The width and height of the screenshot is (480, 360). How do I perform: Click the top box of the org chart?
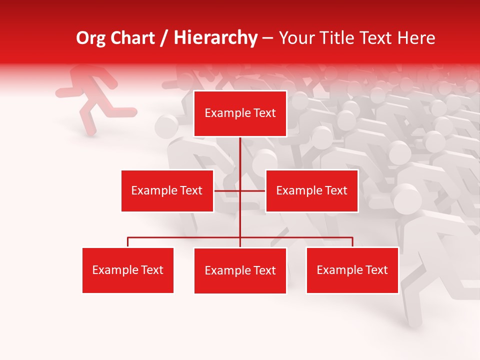click(x=240, y=113)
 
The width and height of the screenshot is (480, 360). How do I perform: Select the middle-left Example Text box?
click(x=167, y=190)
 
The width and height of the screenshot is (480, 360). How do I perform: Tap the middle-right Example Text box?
click(x=311, y=190)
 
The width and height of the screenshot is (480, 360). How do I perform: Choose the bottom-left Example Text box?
click(x=128, y=270)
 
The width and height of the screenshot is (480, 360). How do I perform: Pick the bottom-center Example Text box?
click(x=240, y=270)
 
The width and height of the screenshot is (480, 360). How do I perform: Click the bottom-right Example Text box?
click(x=352, y=270)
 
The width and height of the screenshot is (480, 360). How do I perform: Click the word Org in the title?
click(x=90, y=38)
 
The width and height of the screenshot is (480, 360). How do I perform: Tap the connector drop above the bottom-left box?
click(x=128, y=242)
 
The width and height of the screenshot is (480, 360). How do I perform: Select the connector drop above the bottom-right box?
click(x=352, y=242)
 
